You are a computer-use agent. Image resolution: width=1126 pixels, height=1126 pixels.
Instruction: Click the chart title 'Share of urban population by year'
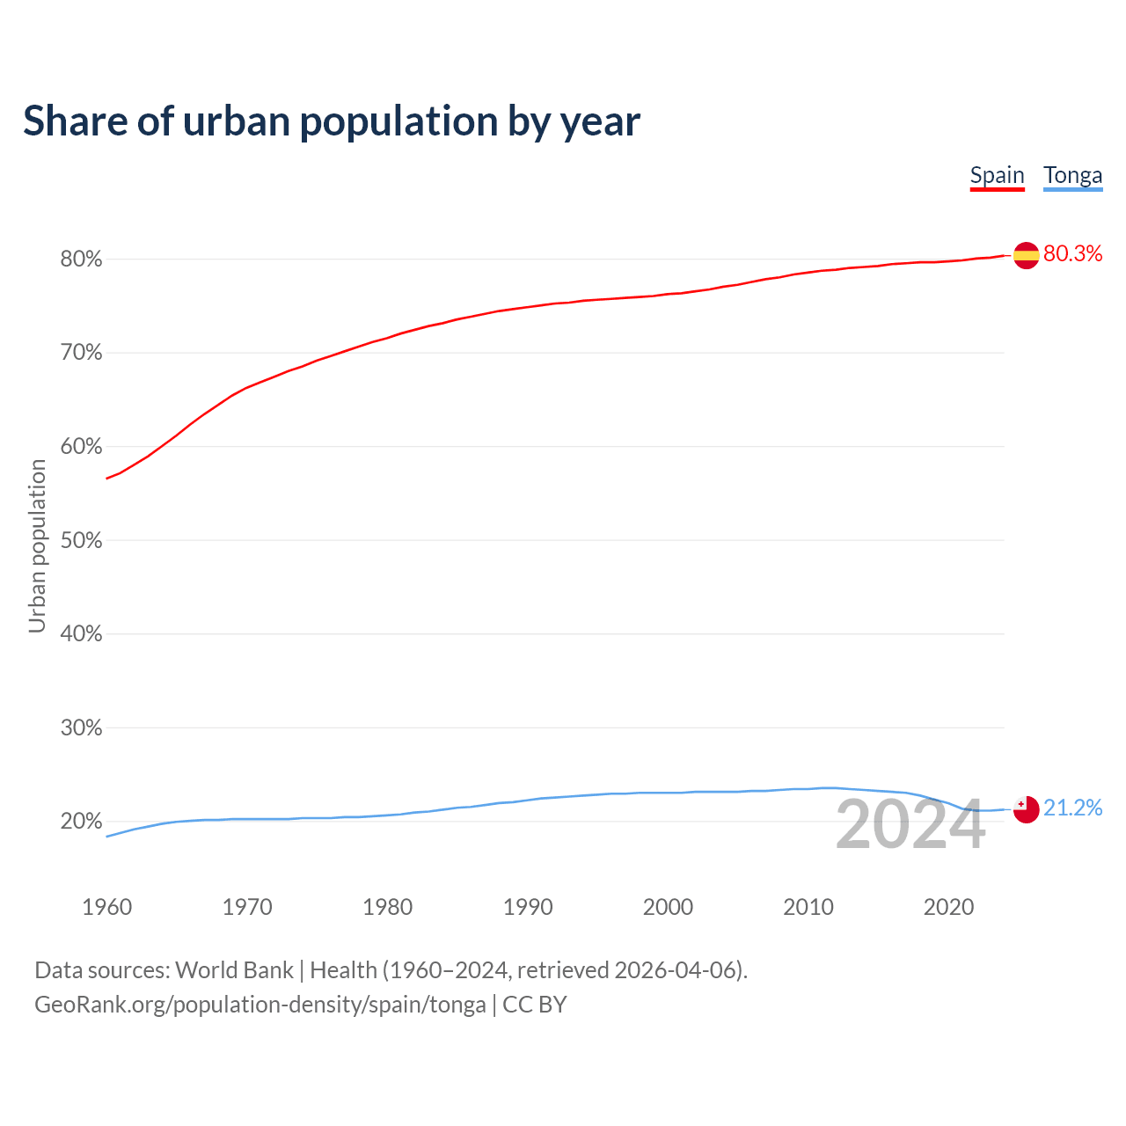(x=332, y=121)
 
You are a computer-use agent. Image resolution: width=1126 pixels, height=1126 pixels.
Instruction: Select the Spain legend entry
(x=997, y=176)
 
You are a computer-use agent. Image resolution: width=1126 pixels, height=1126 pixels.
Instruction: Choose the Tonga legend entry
(x=1072, y=176)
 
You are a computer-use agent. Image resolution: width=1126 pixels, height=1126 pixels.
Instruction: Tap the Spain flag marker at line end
(x=1027, y=255)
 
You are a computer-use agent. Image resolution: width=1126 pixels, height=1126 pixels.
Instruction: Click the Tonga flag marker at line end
(x=1027, y=809)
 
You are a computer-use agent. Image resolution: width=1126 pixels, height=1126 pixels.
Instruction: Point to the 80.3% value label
(x=1072, y=254)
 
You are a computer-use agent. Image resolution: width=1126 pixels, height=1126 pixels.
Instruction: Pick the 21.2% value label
(x=1072, y=808)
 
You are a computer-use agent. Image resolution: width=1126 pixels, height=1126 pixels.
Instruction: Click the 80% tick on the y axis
(x=82, y=260)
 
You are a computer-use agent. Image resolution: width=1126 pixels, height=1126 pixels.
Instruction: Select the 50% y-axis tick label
(x=82, y=540)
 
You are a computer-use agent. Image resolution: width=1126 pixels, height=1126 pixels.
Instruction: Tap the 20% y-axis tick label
(x=82, y=822)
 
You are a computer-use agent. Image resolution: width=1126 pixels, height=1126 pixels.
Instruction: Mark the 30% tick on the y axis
(x=82, y=728)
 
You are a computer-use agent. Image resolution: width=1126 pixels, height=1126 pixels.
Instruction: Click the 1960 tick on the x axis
(x=106, y=907)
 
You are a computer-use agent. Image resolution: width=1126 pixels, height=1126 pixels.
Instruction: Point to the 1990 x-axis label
(x=528, y=907)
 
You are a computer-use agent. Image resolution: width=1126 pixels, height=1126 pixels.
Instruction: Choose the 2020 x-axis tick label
(x=948, y=907)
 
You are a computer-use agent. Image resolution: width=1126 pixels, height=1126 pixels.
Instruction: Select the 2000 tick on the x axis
(x=668, y=907)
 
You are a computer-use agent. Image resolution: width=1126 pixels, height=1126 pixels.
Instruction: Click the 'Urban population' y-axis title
(x=37, y=546)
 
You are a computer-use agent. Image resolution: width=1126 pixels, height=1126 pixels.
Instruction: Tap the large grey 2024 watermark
(x=910, y=825)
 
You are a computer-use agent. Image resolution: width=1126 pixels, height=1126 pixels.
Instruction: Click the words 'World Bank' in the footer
(x=234, y=970)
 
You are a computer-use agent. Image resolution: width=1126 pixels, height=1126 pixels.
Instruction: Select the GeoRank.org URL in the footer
(x=260, y=1005)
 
